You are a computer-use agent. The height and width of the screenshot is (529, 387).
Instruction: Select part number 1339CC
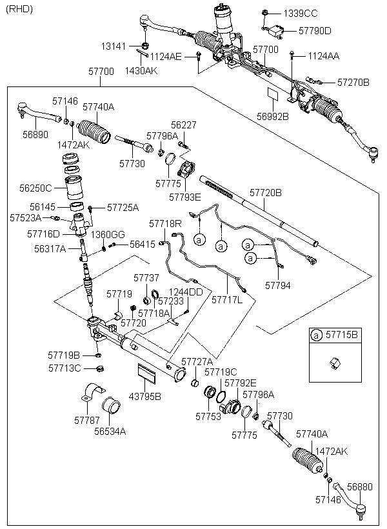(x=301, y=13)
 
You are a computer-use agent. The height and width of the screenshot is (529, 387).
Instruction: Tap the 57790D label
(x=316, y=30)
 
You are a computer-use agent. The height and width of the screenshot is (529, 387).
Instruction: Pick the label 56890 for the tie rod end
(x=35, y=134)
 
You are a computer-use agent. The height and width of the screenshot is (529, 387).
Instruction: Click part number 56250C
(x=34, y=188)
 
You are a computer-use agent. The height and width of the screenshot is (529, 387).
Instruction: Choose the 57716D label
(x=43, y=233)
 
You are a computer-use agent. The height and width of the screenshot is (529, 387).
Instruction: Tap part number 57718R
(x=165, y=223)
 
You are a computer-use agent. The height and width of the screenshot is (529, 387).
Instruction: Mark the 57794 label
(x=277, y=283)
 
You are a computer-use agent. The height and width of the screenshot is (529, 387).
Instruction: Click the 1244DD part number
(x=186, y=292)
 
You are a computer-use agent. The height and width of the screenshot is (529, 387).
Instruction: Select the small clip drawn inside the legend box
(x=334, y=363)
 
